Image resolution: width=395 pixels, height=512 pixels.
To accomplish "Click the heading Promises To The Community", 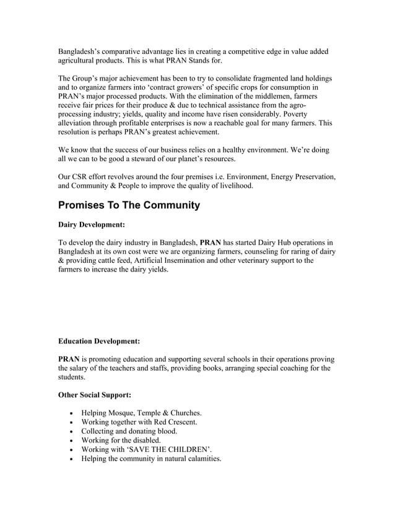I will coord(129,205).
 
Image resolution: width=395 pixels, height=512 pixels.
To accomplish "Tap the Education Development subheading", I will coord(98,341).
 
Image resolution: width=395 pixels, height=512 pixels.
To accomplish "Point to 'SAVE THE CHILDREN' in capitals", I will coord(168,450).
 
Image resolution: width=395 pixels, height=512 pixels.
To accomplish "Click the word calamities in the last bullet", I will coord(200,459).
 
